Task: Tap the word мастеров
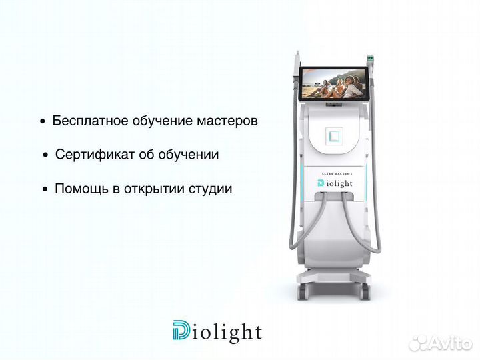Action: tap(227, 121)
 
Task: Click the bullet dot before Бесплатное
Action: tap(43, 122)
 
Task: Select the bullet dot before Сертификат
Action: tap(45, 155)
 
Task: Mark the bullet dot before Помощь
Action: tap(45, 189)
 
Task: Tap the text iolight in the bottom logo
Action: tap(227, 331)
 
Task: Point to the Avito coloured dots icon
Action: tap(418, 343)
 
